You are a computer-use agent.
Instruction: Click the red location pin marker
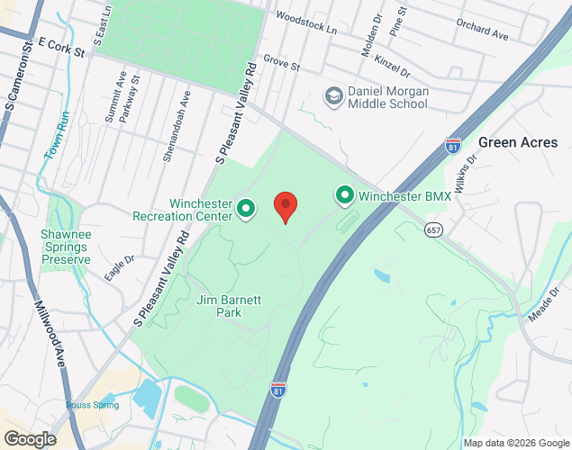[x=286, y=207]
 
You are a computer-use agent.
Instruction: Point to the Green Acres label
[x=518, y=142]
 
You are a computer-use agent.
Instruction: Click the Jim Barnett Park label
[x=229, y=306]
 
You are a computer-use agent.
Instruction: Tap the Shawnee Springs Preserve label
[x=66, y=247]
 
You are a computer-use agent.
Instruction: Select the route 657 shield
[x=434, y=230]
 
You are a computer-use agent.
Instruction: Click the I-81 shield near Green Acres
[x=453, y=146]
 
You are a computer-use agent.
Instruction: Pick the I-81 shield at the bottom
[x=279, y=389]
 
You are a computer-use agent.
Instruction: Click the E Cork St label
[x=62, y=49]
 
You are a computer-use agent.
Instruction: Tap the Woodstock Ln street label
[x=306, y=22]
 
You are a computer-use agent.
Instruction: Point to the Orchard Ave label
[x=482, y=29]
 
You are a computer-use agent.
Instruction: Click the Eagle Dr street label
[x=119, y=268]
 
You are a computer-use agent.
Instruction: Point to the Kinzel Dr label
[x=393, y=66]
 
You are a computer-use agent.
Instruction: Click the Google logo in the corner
[x=29, y=439]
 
